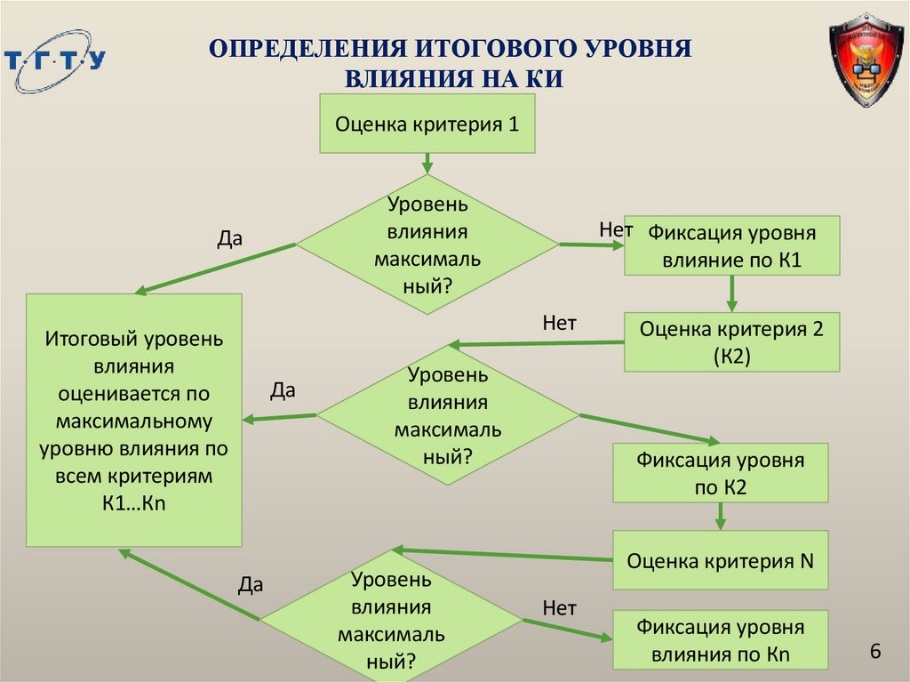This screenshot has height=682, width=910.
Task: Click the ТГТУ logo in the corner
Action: [54, 62]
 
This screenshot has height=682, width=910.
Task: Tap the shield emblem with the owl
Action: [866, 60]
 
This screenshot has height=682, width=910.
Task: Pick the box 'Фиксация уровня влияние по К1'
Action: [732, 246]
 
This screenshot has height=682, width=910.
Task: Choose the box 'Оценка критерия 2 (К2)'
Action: [732, 342]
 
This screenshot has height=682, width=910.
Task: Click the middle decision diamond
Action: [448, 414]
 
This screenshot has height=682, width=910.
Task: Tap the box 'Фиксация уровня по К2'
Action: [721, 473]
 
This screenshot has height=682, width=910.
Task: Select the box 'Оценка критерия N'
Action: [721, 560]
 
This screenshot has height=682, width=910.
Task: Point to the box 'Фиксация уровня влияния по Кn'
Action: [721, 641]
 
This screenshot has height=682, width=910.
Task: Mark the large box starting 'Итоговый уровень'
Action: [134, 420]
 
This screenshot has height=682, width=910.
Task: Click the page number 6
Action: [875, 652]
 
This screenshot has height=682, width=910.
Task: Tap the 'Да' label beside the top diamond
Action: [229, 238]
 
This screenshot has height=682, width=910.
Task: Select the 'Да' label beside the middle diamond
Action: [283, 390]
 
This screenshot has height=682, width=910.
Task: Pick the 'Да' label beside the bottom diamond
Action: [251, 584]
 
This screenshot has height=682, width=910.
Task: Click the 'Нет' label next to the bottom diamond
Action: [560, 608]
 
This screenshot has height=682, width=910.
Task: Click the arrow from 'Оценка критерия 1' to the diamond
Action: [427, 163]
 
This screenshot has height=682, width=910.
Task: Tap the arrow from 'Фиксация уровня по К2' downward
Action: [721, 517]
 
